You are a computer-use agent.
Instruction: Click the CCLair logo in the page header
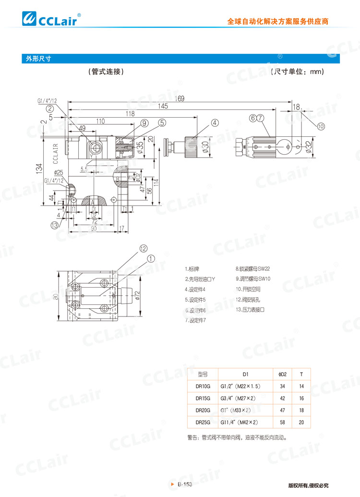[x=52, y=19]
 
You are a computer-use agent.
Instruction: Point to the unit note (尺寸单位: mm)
[x=297, y=72]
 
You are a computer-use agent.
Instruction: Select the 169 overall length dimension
[x=180, y=98]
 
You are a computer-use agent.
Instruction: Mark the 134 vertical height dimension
[x=39, y=168]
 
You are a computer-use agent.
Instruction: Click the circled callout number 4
[x=214, y=122]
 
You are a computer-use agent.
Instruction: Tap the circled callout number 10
[x=320, y=126]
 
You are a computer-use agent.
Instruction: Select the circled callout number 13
[x=56, y=225]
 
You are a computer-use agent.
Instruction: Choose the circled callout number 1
[x=151, y=258]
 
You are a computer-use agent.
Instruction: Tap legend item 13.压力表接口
[x=250, y=310]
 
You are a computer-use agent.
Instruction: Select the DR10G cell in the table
[x=203, y=386]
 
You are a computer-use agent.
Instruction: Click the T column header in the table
[x=301, y=374]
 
